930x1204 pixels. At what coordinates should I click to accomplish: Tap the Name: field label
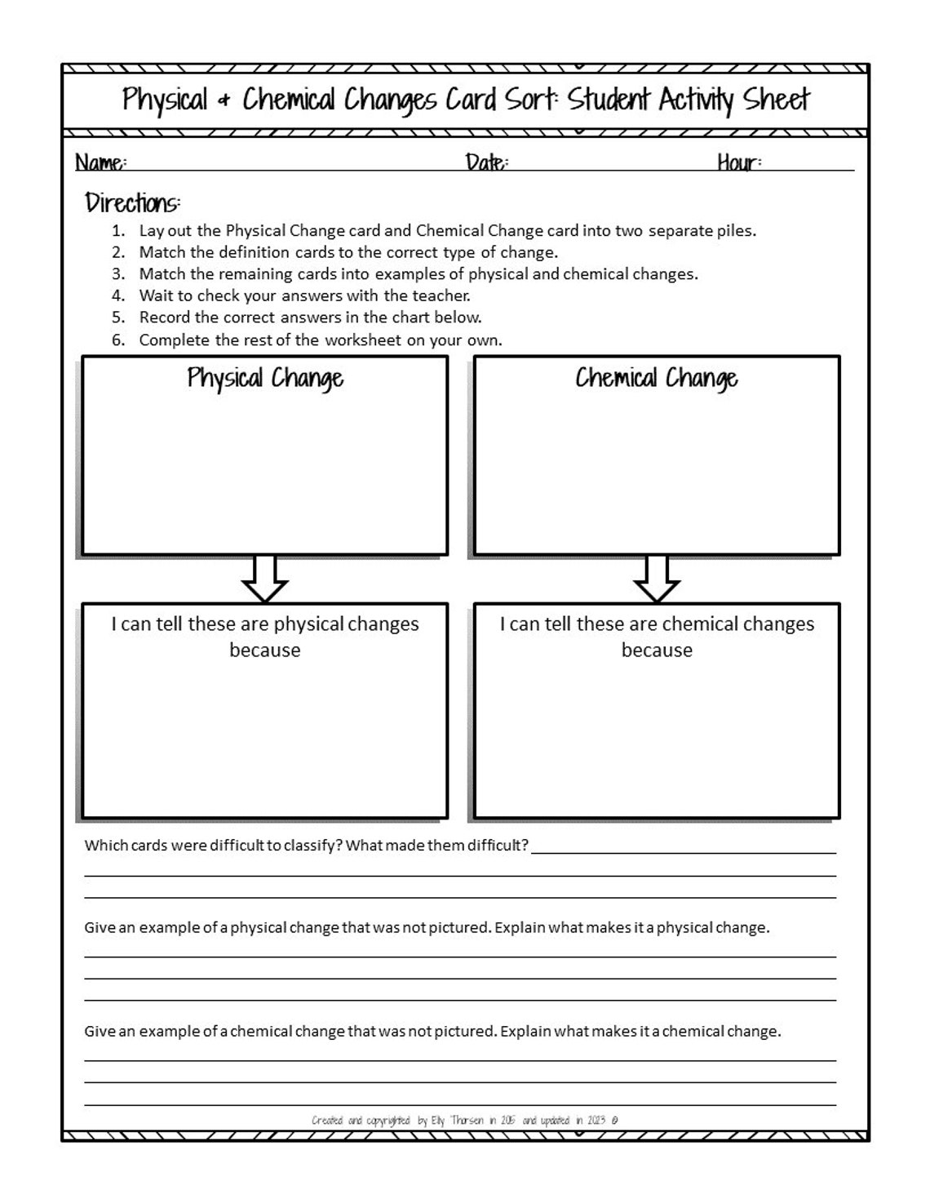[x=100, y=162]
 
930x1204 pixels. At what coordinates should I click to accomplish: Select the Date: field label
[x=487, y=162]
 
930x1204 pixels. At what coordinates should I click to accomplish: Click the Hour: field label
[x=739, y=162]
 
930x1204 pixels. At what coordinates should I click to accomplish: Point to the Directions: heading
[x=133, y=202]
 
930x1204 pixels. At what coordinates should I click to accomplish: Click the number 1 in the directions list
[x=119, y=231]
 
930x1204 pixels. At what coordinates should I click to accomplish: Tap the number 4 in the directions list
[x=119, y=295]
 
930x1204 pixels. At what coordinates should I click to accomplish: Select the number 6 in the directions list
[x=119, y=340]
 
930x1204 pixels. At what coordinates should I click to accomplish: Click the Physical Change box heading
[x=265, y=378]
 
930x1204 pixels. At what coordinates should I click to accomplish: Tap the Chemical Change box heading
[x=657, y=378]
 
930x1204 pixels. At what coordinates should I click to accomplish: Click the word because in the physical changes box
[x=265, y=651]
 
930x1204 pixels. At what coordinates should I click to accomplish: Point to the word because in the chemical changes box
[x=657, y=651]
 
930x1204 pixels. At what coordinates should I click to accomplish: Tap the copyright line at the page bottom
[x=464, y=1120]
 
